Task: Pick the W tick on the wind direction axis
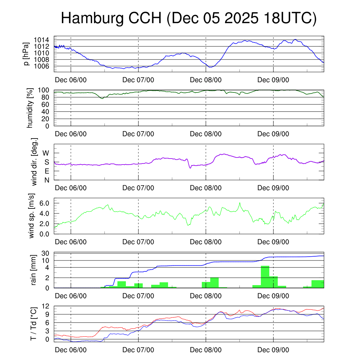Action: (46, 153)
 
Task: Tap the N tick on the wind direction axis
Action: (46, 180)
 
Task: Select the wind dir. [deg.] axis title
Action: (34, 162)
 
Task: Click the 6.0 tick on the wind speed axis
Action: (44, 203)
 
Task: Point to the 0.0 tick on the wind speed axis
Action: (44, 234)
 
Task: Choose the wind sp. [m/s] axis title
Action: (32, 216)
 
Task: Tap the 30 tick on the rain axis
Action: (45, 253)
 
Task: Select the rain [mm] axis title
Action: (34, 270)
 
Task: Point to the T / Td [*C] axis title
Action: (34, 323)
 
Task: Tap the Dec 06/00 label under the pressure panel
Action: (71, 80)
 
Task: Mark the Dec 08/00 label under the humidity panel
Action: (206, 134)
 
